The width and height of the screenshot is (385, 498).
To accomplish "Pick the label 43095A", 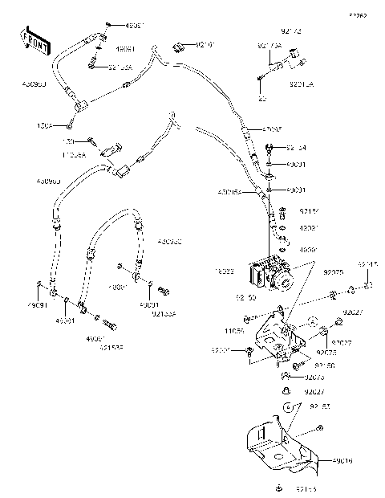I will pos(229,192).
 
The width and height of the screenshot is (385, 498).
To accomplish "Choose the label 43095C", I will pos(169,241).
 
